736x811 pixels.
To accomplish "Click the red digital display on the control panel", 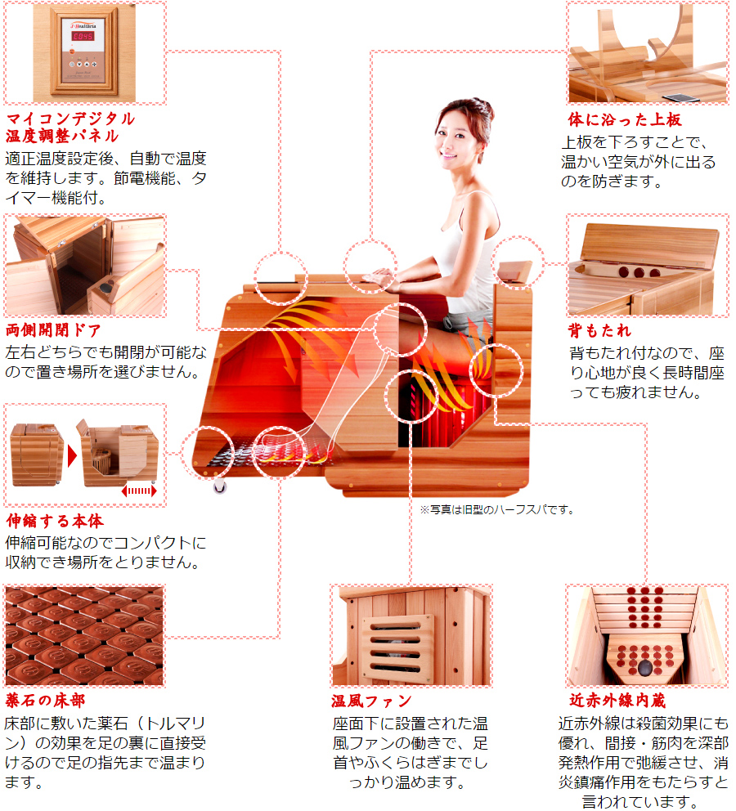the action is tap(83, 36).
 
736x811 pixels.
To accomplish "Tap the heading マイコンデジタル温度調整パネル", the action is tap(70, 128).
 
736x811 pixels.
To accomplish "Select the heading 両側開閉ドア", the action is tap(53, 330).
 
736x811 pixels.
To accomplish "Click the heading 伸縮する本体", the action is tap(55, 521).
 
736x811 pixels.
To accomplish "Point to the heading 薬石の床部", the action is tap(46, 701).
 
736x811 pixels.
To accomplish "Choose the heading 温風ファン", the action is tap(371, 701).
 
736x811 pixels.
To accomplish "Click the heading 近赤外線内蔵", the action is tap(617, 701).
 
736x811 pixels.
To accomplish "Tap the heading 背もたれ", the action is tap(599, 330).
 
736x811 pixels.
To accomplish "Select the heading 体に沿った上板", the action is tap(625, 119).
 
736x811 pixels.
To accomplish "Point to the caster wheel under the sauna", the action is tap(220, 486).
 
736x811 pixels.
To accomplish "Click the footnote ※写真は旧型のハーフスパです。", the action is tap(497, 509).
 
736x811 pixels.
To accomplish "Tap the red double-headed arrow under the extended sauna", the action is tap(139, 491).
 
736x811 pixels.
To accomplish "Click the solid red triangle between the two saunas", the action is tap(72, 456).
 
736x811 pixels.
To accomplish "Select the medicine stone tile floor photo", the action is tap(85, 636).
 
